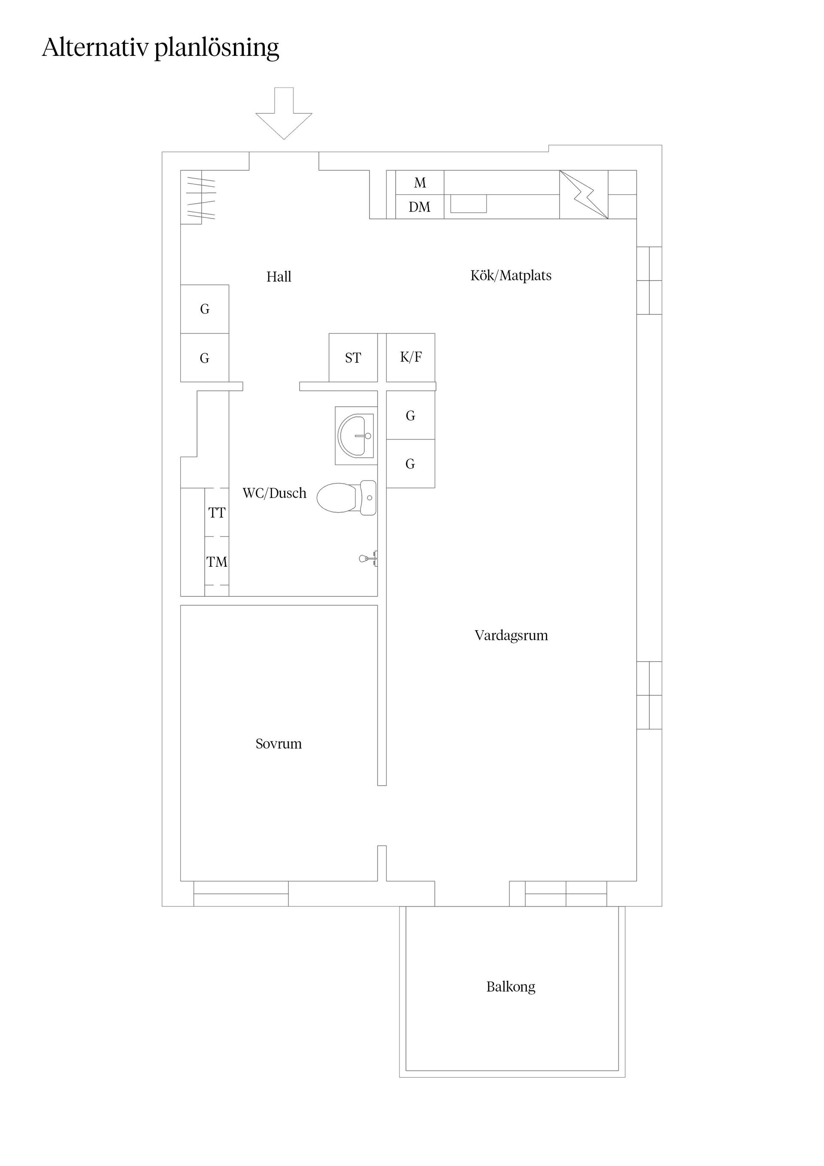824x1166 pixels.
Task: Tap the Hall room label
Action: coord(279,277)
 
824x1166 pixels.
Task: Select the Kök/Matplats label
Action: coord(511,276)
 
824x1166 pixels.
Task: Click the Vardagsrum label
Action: coord(511,635)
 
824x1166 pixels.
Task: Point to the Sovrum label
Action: coord(278,744)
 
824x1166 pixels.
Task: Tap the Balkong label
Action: coord(511,987)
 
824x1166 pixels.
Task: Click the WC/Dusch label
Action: coord(274,493)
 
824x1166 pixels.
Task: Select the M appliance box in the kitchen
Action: coord(419,183)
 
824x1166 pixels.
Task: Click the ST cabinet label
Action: coord(353,358)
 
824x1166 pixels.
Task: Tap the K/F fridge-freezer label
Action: coord(411,357)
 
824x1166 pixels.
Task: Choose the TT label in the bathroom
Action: coord(217,513)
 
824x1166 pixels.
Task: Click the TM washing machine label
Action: coord(217,562)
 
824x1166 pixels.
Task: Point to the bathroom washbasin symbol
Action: coord(356,436)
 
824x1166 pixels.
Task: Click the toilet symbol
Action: coord(345,497)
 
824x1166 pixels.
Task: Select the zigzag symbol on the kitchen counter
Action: coord(584,195)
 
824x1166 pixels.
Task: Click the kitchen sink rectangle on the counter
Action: coord(468,203)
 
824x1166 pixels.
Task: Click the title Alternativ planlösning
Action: coord(161,48)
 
